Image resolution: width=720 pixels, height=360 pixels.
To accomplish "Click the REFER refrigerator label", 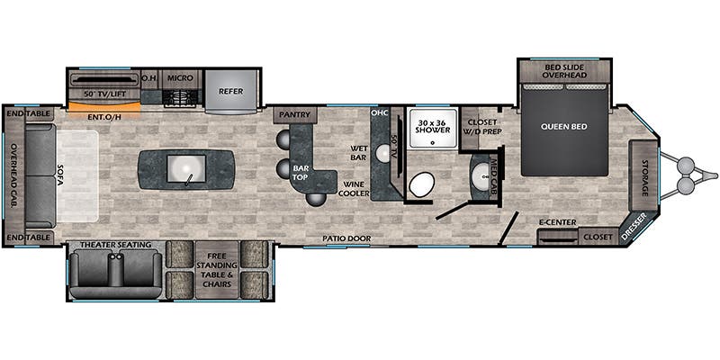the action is [230, 91].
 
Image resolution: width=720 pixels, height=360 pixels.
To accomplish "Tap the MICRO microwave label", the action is [180, 78].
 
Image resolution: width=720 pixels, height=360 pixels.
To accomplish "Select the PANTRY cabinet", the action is [295, 115].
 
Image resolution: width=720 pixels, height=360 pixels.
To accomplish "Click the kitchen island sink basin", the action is [185, 169].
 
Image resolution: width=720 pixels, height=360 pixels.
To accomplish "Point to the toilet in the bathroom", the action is [421, 184].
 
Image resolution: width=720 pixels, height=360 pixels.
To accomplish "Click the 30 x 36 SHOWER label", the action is [433, 126].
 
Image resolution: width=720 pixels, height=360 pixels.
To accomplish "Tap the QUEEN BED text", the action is [564, 127].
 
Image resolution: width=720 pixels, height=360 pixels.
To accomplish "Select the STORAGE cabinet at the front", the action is [643, 175].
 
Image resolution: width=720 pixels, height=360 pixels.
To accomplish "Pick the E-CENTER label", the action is [557, 222].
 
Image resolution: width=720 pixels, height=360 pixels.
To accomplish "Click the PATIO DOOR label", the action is [346, 238].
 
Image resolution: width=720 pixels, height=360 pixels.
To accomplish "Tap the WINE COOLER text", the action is [354, 189].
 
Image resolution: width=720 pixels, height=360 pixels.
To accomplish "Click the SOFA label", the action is [60, 175].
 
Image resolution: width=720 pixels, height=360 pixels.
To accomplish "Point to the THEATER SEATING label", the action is [116, 245].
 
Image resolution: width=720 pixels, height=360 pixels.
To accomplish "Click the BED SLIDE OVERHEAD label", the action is [564, 71].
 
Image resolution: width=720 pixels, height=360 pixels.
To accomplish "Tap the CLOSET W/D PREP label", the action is [482, 127].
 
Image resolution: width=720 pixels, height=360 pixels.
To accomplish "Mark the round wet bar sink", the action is [383, 153].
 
